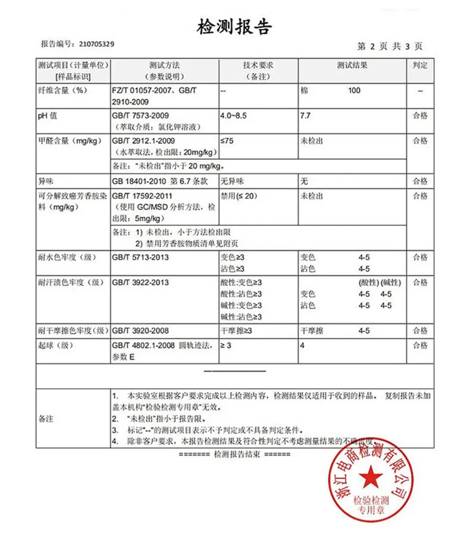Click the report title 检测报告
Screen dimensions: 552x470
tap(234, 27)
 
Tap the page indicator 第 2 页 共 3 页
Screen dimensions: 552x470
tap(390, 46)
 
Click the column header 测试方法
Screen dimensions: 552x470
tap(164, 65)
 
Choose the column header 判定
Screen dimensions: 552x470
tap(420, 65)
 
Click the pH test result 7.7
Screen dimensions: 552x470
tap(305, 116)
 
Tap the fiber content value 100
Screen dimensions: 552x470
tap(355, 91)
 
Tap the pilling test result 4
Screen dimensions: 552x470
tap(302, 345)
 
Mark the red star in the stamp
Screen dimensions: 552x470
tap(370, 476)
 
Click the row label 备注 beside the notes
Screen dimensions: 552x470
tap(45, 419)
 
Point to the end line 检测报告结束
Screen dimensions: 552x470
tap(235, 454)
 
